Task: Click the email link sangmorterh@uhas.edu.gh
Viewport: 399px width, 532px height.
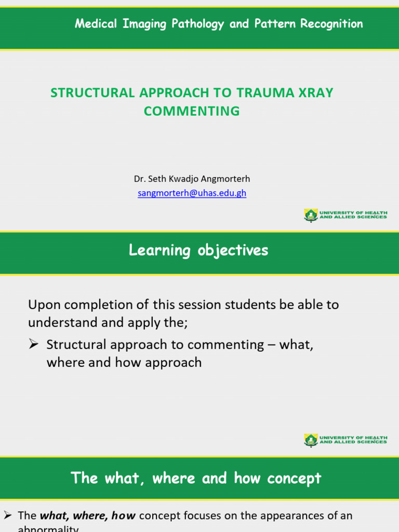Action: click(192, 193)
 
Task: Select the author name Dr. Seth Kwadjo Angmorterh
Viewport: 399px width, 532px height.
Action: click(192, 179)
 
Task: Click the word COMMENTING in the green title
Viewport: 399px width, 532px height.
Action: click(192, 111)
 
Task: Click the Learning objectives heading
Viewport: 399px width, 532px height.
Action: click(198, 250)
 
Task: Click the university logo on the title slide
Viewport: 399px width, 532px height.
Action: click(311, 215)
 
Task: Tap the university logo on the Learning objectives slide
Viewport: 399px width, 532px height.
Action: click(311, 440)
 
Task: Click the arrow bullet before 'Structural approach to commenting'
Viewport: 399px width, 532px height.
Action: click(35, 344)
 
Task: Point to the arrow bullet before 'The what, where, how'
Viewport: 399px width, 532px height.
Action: click(8, 516)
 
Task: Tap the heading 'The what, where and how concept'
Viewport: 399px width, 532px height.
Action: click(196, 478)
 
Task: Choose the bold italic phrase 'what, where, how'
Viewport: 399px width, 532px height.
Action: click(88, 516)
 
